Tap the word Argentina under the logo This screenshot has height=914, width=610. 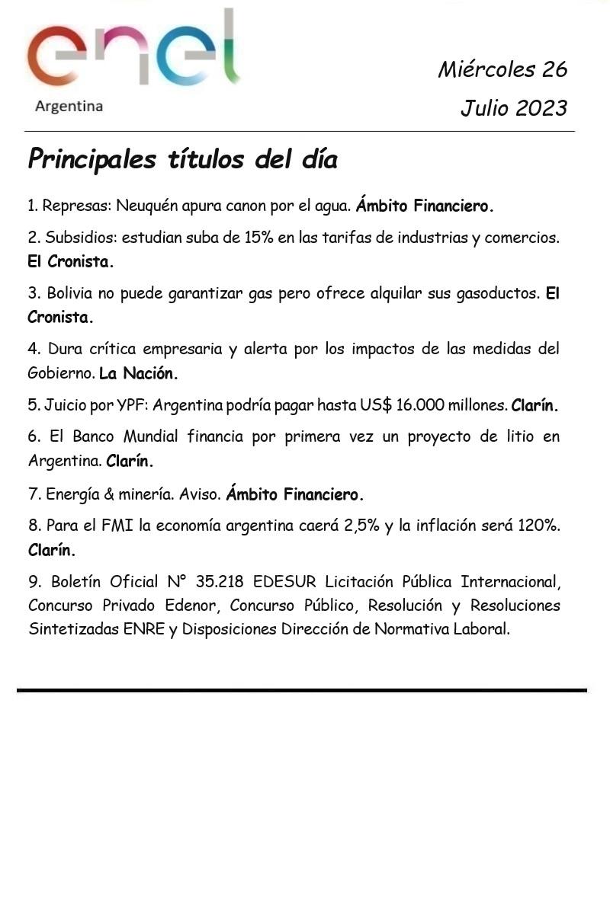[69, 107]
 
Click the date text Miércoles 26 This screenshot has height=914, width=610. [502, 69]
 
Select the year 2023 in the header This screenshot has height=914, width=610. [541, 108]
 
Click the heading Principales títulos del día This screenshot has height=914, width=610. [182, 160]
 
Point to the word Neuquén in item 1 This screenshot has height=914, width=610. [144, 206]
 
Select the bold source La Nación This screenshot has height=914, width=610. [139, 374]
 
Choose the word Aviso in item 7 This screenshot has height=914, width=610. [200, 494]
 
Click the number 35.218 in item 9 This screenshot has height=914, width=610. [220, 582]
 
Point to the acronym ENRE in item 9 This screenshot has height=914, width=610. [144, 630]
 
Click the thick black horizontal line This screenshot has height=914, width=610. [302, 690]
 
